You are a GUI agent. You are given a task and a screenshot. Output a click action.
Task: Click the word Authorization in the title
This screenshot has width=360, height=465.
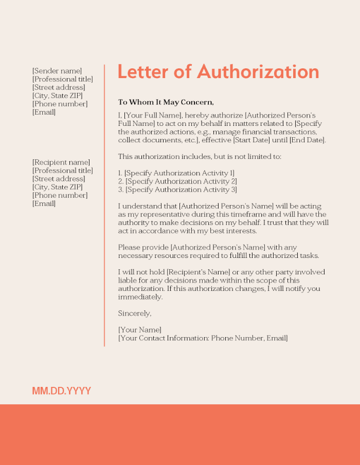pyautogui.click(x=258, y=72)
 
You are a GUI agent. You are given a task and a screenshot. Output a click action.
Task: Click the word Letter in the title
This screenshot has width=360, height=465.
pyautogui.click(x=142, y=72)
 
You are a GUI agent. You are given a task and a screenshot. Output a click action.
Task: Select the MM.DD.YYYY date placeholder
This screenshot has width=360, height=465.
pyautogui.click(x=61, y=391)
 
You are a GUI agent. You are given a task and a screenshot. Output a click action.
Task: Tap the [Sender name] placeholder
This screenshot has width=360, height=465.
pyautogui.click(x=57, y=71)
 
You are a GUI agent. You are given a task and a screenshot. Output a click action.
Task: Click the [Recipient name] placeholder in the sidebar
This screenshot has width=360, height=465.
pyautogui.click(x=61, y=162)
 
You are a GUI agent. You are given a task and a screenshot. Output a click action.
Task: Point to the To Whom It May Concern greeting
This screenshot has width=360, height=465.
pyautogui.click(x=166, y=102)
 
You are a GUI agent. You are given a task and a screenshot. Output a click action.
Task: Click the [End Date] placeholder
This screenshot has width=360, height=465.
pyautogui.click(x=307, y=140)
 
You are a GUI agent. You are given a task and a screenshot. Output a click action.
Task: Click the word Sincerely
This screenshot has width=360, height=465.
pyautogui.click(x=135, y=313)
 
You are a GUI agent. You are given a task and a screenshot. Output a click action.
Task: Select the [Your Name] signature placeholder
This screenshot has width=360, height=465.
pyautogui.click(x=139, y=329)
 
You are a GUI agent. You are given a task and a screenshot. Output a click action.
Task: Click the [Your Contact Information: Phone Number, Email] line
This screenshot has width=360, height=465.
pyautogui.click(x=203, y=338)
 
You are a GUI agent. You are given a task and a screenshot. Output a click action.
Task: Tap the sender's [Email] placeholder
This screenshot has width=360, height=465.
pyautogui.click(x=44, y=112)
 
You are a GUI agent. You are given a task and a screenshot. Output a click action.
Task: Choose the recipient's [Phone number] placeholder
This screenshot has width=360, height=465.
pyautogui.click(x=60, y=195)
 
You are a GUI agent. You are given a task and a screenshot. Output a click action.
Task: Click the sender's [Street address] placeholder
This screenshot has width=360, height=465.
pyautogui.click(x=59, y=87)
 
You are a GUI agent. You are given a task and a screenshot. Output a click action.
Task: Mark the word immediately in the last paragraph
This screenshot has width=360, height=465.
pyautogui.click(x=140, y=296)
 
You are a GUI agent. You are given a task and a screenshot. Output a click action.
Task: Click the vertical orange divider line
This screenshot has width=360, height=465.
pyautogui.click(x=104, y=206)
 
